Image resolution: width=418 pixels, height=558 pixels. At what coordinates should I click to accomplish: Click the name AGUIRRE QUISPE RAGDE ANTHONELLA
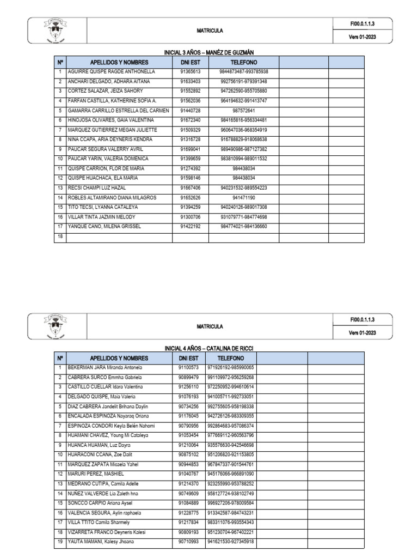pos(111,72)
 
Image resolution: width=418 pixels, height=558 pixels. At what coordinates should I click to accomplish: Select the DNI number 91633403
pos(190,81)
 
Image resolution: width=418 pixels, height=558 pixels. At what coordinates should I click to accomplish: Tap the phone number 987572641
pos(244,111)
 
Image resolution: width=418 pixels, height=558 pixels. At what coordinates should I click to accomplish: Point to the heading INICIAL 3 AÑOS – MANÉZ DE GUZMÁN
pos(210,52)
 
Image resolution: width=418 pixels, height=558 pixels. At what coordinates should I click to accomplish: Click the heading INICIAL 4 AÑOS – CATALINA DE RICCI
pos(210,348)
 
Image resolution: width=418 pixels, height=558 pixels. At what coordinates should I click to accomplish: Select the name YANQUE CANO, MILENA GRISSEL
pos(104,227)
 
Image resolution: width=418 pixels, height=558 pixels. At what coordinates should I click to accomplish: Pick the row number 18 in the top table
pos(60,236)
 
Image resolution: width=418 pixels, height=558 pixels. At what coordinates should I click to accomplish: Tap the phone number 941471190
pos(244,198)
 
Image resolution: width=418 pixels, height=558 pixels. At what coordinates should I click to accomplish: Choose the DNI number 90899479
pos(188,377)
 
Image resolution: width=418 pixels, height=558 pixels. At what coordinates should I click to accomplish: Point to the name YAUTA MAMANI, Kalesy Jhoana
pos(100,542)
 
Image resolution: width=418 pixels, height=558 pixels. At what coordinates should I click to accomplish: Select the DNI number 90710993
pos(188,542)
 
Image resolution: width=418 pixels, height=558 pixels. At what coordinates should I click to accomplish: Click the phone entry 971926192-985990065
pos(231,368)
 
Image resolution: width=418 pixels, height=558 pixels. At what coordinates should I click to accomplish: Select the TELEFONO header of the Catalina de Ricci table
pos(231,358)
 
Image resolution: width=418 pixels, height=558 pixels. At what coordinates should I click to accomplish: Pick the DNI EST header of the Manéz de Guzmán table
pos(190,63)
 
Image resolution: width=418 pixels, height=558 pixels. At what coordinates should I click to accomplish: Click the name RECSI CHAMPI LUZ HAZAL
pos(97,188)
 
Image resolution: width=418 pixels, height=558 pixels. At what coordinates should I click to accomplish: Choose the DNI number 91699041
pos(190,149)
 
